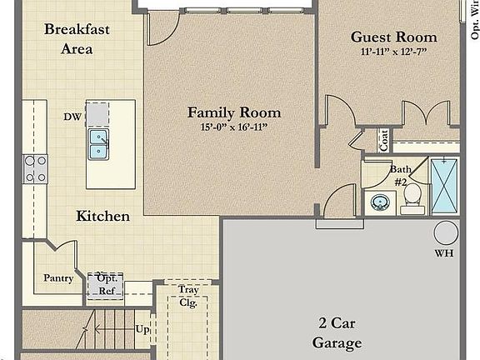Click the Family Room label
(x=233, y=112)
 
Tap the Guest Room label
(x=393, y=37)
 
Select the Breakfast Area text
(x=77, y=38)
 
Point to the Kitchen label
(x=103, y=216)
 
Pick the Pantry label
(x=59, y=278)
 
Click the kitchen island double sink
(x=98, y=144)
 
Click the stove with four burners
(x=36, y=169)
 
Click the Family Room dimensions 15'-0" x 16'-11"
(x=233, y=128)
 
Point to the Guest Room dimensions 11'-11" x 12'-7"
(x=393, y=52)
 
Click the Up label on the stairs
(x=142, y=330)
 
